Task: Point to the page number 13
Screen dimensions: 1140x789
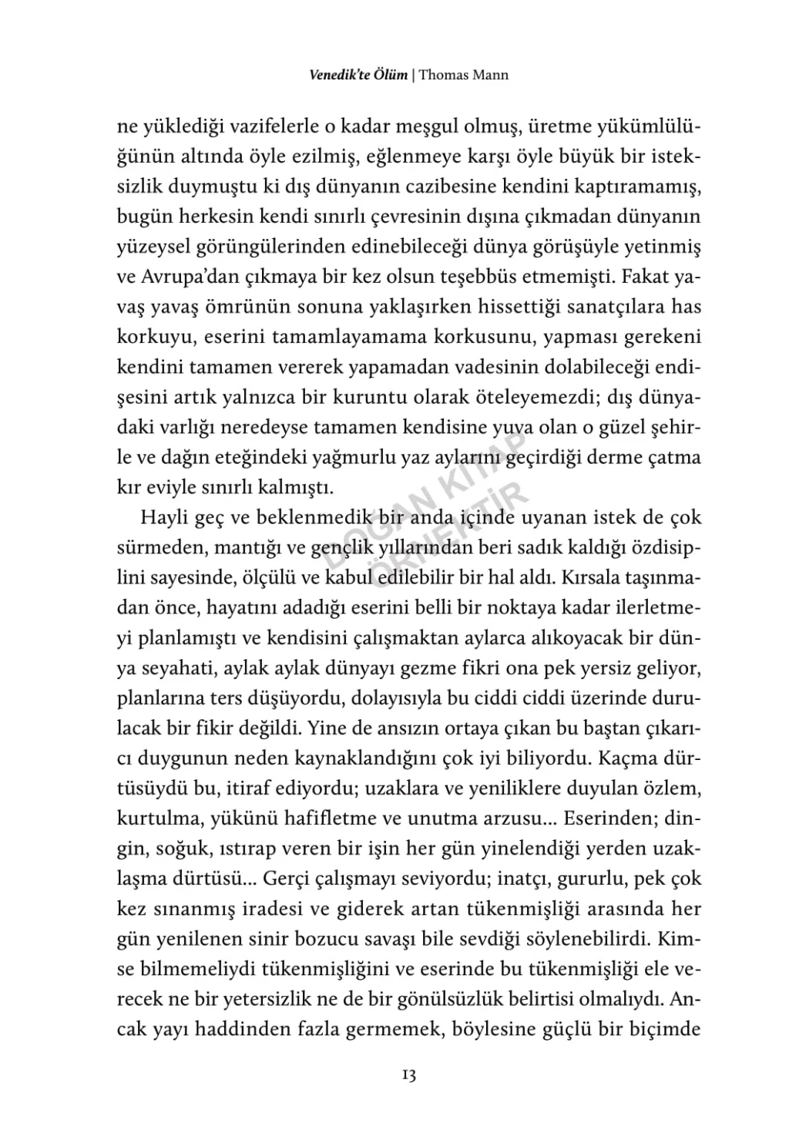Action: click(408, 1075)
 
